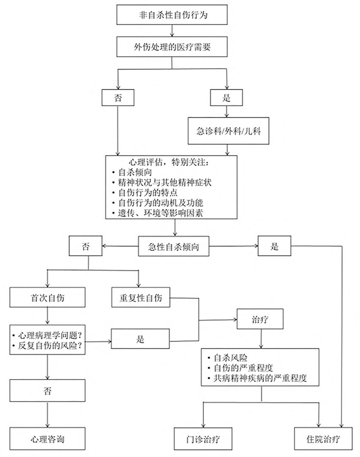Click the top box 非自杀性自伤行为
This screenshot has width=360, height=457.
tap(172, 15)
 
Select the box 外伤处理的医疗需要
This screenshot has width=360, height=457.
tap(172, 47)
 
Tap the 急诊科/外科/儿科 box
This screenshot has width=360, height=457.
tap(228, 131)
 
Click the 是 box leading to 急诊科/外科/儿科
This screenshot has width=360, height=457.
tap(226, 97)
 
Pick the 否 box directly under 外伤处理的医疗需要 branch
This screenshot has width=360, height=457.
tap(118, 97)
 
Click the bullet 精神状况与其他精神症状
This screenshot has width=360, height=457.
tap(164, 182)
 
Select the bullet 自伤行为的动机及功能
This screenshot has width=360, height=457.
tap(160, 203)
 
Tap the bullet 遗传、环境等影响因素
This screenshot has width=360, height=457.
tap(160, 213)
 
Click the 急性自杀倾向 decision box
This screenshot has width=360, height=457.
tap(173, 247)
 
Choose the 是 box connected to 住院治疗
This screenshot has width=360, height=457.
tap(274, 246)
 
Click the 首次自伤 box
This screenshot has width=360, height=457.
tap(47, 297)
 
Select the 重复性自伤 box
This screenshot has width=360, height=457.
tap(140, 297)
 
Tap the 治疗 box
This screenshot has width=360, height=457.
tap(260, 320)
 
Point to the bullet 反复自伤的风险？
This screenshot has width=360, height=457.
tap(50, 346)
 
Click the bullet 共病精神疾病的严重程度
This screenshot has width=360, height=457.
tap(260, 378)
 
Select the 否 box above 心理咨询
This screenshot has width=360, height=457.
tap(47, 391)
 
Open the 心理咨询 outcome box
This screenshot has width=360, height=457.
tap(47, 439)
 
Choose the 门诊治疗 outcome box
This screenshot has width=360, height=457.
tap(203, 439)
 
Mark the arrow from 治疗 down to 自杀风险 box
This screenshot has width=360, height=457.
tap(260, 339)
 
